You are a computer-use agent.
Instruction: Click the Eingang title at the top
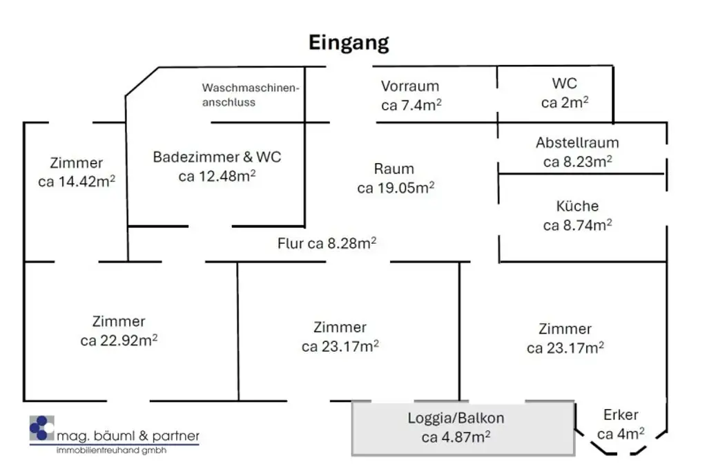point(348,43)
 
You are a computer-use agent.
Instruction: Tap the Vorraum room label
point(410,86)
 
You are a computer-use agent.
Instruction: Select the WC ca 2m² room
point(565,93)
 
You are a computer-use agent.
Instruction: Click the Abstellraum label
point(577,143)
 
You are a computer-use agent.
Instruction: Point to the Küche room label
point(577,206)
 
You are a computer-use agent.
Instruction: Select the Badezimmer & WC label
point(217,157)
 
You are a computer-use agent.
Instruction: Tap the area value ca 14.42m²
point(77,182)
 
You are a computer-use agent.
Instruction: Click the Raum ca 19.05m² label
point(395,178)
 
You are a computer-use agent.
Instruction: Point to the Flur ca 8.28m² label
point(327,243)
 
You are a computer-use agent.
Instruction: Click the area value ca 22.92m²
point(119,341)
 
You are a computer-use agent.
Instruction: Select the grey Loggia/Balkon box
point(463,428)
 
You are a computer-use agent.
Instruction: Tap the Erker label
point(621,415)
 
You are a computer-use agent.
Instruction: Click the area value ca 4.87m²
point(456,437)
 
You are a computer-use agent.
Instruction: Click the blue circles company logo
point(41,428)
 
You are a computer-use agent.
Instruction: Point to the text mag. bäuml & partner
point(128,436)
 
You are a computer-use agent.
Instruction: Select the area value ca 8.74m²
point(577,225)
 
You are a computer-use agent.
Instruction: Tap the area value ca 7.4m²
point(411,106)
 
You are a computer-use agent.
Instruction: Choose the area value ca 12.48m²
point(217,176)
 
